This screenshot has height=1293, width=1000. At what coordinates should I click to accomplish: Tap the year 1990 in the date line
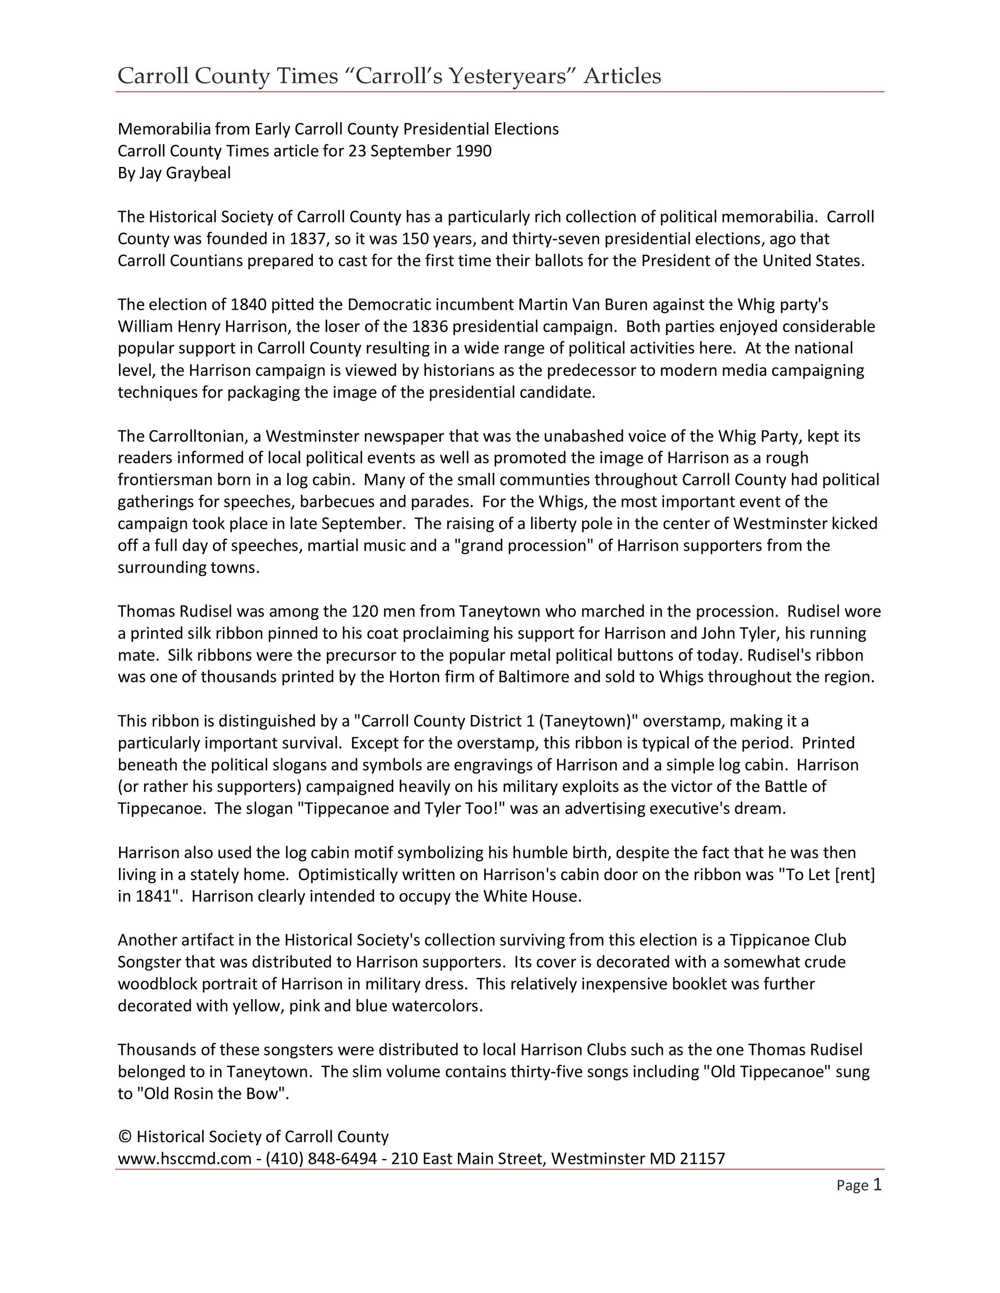pyautogui.click(x=473, y=151)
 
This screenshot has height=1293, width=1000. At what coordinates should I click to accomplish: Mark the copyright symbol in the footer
pyautogui.click(x=125, y=1137)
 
